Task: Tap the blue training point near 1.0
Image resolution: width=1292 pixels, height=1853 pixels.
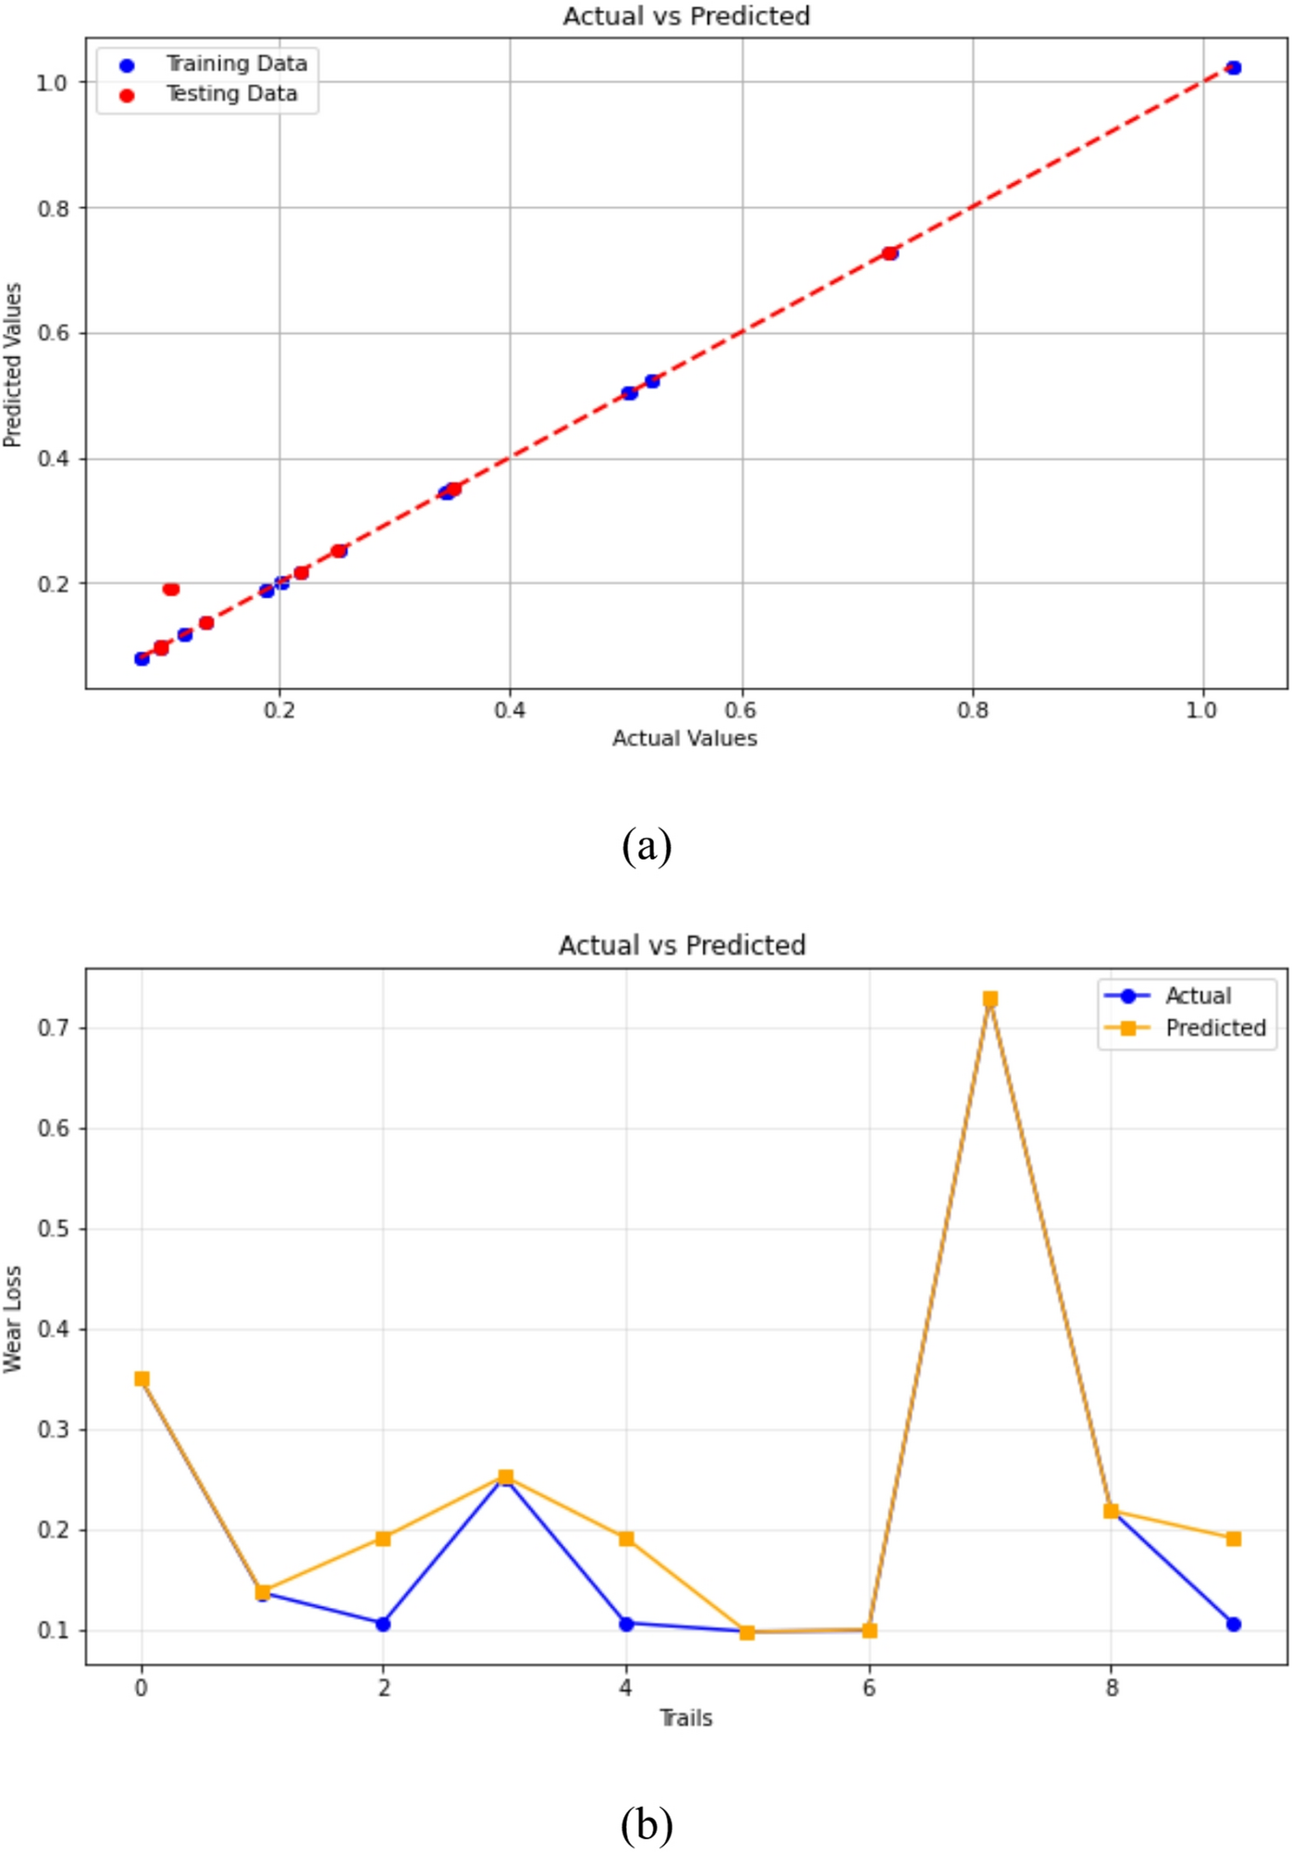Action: click(1233, 67)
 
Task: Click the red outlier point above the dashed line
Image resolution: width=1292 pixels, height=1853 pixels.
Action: click(171, 589)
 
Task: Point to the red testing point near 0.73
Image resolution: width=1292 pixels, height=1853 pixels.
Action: click(890, 253)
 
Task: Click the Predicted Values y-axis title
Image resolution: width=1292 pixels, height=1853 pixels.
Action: click(13, 365)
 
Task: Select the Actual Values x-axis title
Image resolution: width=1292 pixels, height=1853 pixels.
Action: click(684, 738)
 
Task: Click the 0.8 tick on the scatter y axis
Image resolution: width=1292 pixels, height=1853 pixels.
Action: click(54, 209)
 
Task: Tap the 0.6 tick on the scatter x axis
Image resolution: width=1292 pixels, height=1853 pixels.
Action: click(741, 710)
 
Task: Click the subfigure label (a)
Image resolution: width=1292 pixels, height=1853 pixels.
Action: click(646, 845)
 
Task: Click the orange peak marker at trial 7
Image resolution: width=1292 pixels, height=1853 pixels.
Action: click(990, 999)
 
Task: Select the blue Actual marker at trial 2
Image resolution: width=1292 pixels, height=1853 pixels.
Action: click(383, 1624)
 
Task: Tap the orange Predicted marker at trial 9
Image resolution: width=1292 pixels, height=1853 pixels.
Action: click(1233, 1539)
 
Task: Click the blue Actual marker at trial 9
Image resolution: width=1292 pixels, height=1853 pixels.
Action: click(1233, 1624)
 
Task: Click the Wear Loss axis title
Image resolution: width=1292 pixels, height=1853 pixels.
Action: click(13, 1319)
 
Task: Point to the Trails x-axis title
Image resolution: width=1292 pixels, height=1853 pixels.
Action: click(685, 1718)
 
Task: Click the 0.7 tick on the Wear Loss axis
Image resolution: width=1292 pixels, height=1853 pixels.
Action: click(54, 1028)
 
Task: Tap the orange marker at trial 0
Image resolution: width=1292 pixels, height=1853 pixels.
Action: click(142, 1379)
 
